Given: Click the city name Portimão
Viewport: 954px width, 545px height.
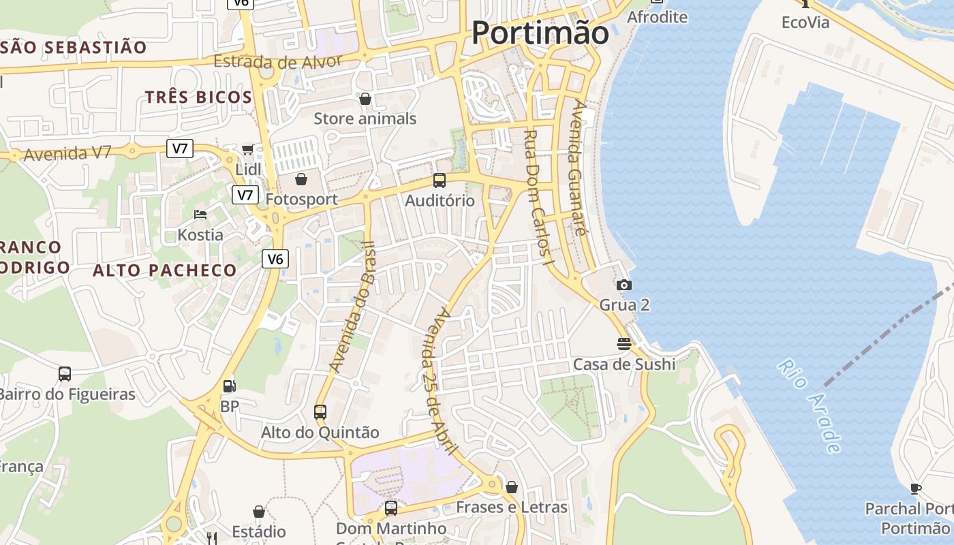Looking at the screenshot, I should pyautogui.click(x=540, y=33).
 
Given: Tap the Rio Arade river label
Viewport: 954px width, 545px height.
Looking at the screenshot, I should pyautogui.click(x=809, y=406).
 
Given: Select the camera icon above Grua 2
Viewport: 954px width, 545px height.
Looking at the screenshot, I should pyautogui.click(x=624, y=285).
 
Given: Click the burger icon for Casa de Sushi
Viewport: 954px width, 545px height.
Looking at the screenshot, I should pyautogui.click(x=624, y=343).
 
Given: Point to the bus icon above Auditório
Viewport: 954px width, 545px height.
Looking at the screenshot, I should pyautogui.click(x=440, y=181).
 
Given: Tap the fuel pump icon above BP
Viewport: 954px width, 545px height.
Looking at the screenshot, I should pyautogui.click(x=230, y=386).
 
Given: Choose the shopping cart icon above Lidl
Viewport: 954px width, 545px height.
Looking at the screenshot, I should pyautogui.click(x=248, y=149).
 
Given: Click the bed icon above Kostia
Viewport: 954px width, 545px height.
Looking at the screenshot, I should pyautogui.click(x=200, y=215).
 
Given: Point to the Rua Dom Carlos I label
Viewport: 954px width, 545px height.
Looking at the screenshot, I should pyautogui.click(x=540, y=196).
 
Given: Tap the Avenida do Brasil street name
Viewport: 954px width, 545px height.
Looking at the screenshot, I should pyautogui.click(x=352, y=307).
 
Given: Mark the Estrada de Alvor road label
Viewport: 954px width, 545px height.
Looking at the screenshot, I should pyautogui.click(x=277, y=61).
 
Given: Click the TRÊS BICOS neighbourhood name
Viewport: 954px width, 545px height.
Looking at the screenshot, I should pyautogui.click(x=198, y=97).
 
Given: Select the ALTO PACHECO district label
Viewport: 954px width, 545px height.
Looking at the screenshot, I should pyautogui.click(x=164, y=270).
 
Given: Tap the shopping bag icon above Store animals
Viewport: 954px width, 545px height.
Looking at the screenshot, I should pyautogui.click(x=365, y=99).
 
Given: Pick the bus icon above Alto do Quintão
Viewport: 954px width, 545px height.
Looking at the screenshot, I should pyautogui.click(x=320, y=411).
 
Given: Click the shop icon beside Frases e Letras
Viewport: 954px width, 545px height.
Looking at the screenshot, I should pyautogui.click(x=512, y=487).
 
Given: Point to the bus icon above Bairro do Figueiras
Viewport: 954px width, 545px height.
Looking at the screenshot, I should pyautogui.click(x=65, y=373).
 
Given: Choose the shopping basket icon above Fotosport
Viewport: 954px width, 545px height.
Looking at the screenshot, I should pyautogui.click(x=301, y=179).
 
